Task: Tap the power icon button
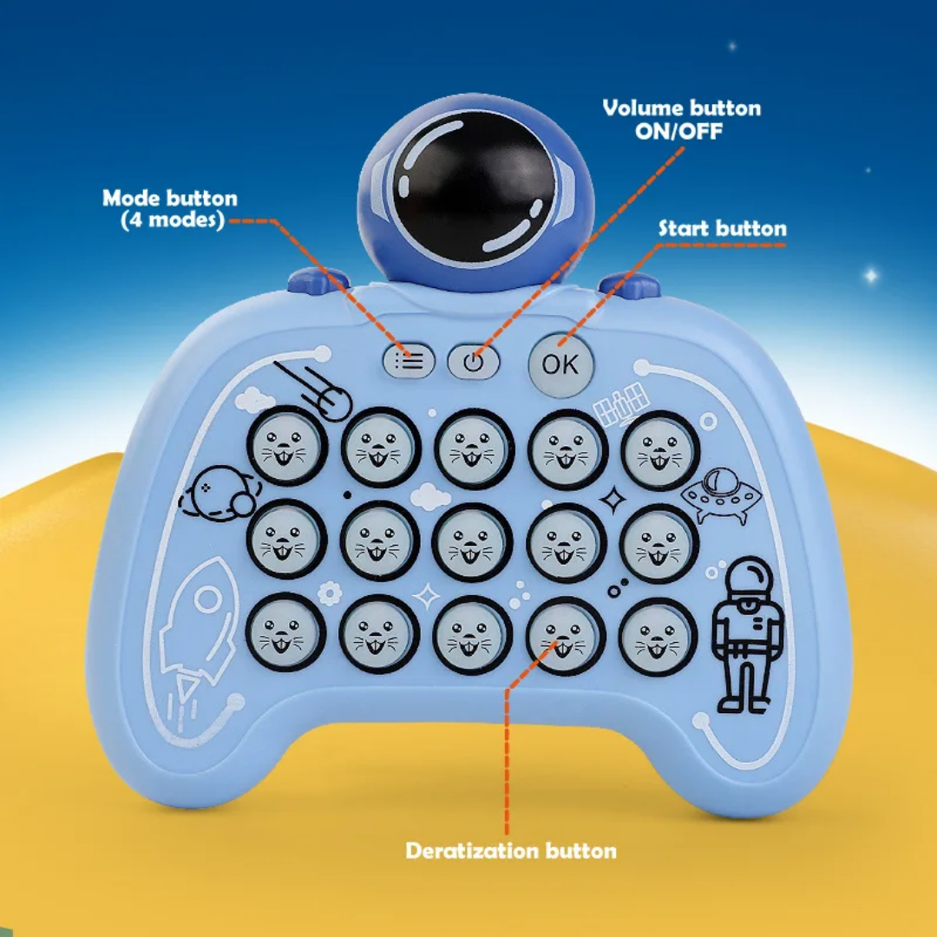[474, 362]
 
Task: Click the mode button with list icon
[410, 361]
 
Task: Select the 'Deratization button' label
[511, 850]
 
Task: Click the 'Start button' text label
[723, 228]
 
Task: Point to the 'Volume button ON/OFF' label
[681, 119]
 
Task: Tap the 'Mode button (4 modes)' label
[170, 208]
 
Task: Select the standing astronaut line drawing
[747, 634]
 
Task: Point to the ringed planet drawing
[220, 494]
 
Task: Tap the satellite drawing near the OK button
[621, 404]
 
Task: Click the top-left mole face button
[287, 446]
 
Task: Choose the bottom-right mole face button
[658, 637]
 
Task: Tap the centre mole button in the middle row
[472, 541]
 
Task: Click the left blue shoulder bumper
[318, 280]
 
